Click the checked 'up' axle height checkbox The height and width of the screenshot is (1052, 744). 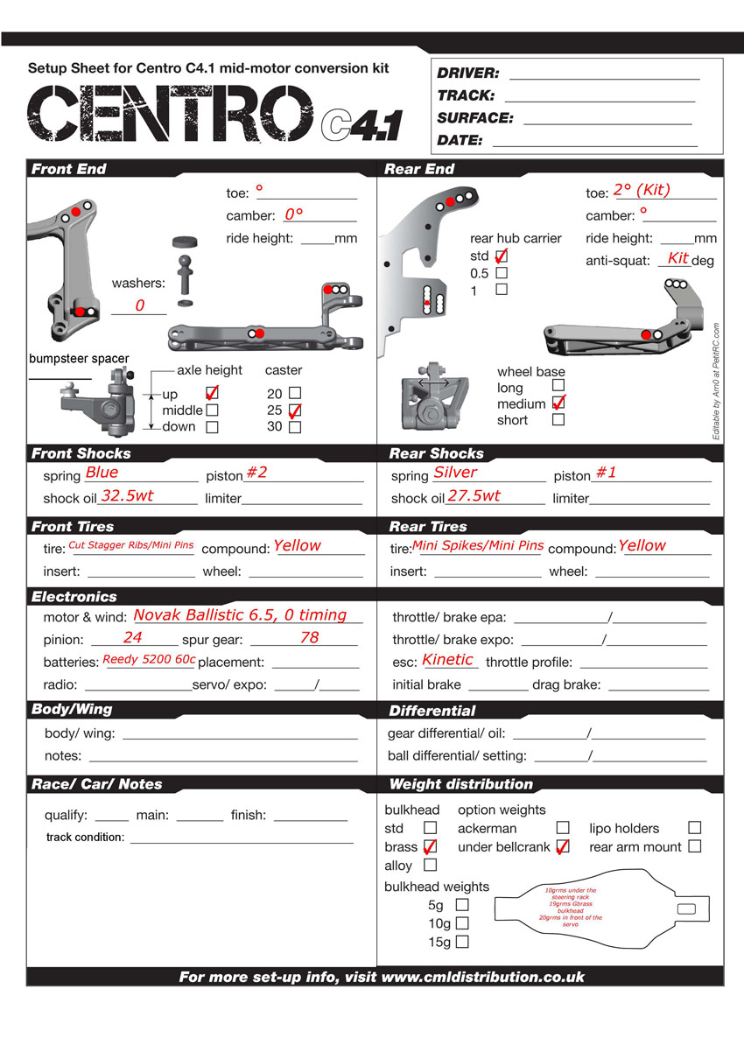(x=211, y=394)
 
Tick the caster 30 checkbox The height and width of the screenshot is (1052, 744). (x=295, y=427)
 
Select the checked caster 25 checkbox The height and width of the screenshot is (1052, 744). (x=295, y=410)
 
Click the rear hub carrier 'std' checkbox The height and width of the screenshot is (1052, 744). (x=502, y=256)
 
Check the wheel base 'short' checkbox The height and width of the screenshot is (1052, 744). (x=558, y=419)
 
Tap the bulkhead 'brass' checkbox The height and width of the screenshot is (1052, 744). (x=430, y=846)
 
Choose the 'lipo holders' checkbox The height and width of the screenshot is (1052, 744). (x=694, y=827)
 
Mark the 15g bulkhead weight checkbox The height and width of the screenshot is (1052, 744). (x=462, y=942)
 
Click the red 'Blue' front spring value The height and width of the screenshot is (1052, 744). (x=102, y=473)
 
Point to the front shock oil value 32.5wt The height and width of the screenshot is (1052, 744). (x=127, y=495)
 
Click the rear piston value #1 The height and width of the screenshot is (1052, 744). (x=606, y=473)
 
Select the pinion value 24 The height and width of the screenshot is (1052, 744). (x=133, y=637)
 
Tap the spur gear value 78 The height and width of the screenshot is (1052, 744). (x=310, y=637)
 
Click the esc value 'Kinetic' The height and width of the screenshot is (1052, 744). (x=447, y=660)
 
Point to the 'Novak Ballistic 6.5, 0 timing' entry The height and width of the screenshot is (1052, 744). (x=240, y=615)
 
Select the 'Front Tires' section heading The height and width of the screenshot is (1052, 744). (x=73, y=526)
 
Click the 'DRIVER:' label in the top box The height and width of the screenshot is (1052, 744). (x=468, y=74)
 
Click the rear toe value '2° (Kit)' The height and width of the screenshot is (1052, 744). (x=642, y=190)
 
